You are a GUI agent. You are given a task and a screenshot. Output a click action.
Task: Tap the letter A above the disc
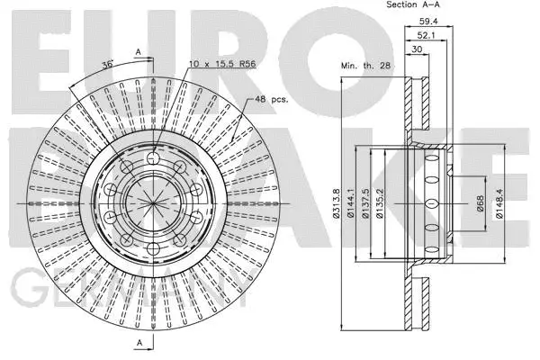click(x=138, y=51)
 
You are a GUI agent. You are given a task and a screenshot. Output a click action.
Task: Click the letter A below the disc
click(x=138, y=343)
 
